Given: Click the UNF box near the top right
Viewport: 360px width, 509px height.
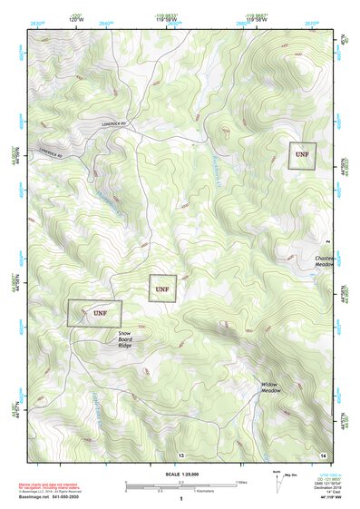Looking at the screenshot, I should pos(302,156).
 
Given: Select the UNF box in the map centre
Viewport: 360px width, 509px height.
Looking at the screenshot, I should pos(161,289).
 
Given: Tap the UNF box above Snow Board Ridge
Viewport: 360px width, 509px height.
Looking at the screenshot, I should pos(94,313).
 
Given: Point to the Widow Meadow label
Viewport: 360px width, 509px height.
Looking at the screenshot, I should pos(271,387).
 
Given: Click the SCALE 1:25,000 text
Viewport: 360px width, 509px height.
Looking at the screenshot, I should pos(181,474).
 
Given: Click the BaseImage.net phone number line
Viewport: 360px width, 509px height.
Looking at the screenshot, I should pos(51,497).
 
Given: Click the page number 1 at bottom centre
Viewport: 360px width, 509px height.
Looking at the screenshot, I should pos(181,499).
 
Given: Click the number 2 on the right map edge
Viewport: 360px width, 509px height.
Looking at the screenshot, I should pos(326,242).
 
